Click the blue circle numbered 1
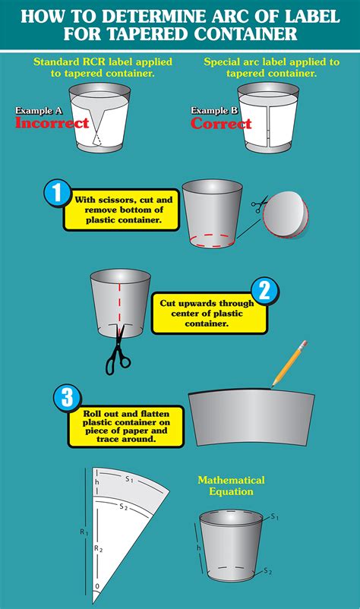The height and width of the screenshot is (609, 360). click(x=57, y=193)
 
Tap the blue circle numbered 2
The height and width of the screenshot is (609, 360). click(x=264, y=291)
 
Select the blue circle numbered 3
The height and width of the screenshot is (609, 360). click(x=68, y=398)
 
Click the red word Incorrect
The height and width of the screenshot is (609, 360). click(x=52, y=123)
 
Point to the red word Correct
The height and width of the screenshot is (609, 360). click(x=221, y=124)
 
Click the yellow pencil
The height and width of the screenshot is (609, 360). click(x=289, y=364)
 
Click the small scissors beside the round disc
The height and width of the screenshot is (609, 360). click(x=260, y=204)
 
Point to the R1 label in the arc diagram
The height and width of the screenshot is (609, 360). click(x=84, y=532)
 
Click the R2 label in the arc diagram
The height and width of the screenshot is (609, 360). click(x=99, y=548)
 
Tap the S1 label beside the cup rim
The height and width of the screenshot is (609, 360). click(x=275, y=517)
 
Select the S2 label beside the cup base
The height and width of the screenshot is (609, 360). click(x=267, y=571)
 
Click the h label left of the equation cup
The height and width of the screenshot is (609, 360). click(x=198, y=547)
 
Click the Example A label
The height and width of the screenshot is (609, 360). click(x=39, y=111)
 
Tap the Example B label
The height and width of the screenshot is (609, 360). click(x=214, y=111)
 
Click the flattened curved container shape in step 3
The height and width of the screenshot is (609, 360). click(x=251, y=418)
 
